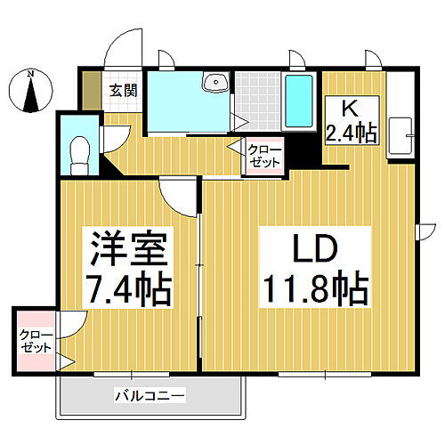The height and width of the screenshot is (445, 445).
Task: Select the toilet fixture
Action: pyautogui.click(x=77, y=152)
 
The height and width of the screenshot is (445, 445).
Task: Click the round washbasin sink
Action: pyautogui.click(x=214, y=84)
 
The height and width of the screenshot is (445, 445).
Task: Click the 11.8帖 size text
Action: pyautogui.click(x=313, y=287)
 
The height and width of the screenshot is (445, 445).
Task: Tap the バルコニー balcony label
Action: pyautogui.click(x=149, y=394)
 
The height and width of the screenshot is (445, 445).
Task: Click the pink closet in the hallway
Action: pyautogui.click(x=263, y=157)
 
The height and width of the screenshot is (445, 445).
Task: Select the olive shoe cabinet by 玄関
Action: pyautogui.click(x=91, y=89)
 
